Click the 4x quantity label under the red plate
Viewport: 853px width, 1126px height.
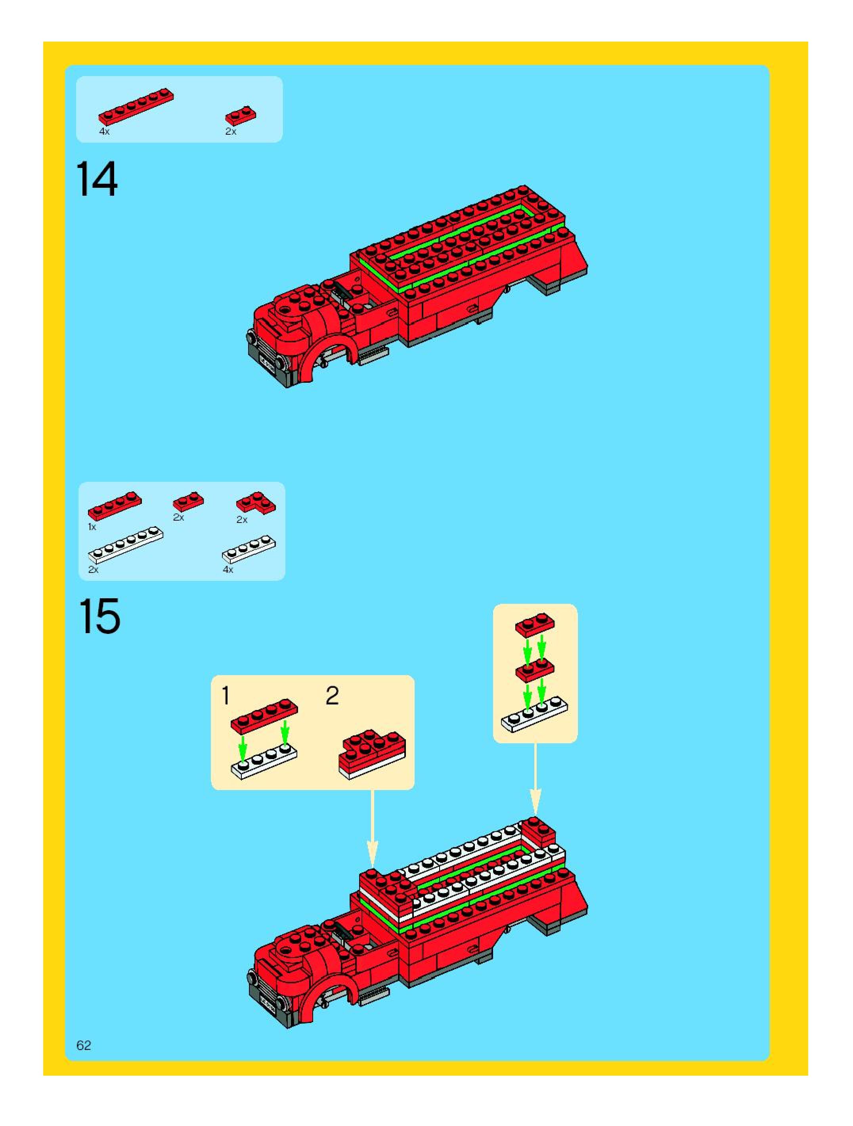pos(104,132)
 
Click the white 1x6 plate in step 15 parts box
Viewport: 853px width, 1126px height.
pos(126,545)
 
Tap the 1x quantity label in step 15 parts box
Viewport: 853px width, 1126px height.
pos(92,527)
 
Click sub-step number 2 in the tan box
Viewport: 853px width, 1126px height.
pos(332,696)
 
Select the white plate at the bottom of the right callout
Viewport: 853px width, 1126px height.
pos(535,715)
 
